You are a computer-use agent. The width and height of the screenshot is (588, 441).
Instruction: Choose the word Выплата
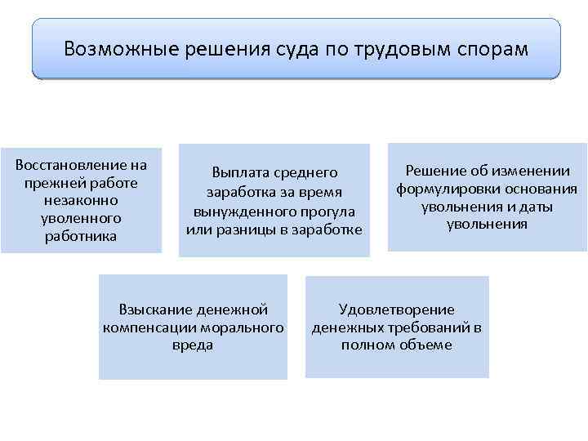[236, 173]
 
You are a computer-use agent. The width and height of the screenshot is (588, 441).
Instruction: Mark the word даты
[536, 207]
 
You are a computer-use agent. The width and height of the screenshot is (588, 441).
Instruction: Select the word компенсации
[149, 327]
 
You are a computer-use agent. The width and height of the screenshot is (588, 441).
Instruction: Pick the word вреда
[193, 345]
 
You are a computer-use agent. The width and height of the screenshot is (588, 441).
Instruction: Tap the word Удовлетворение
[397, 310]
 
